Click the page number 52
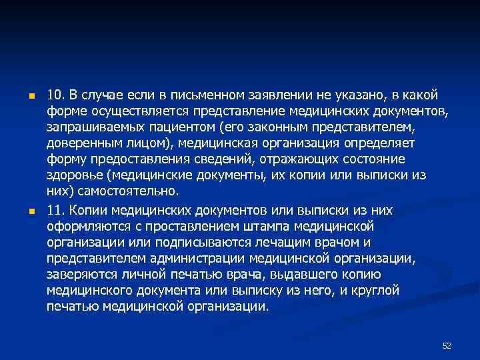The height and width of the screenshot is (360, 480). [x=447, y=345]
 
